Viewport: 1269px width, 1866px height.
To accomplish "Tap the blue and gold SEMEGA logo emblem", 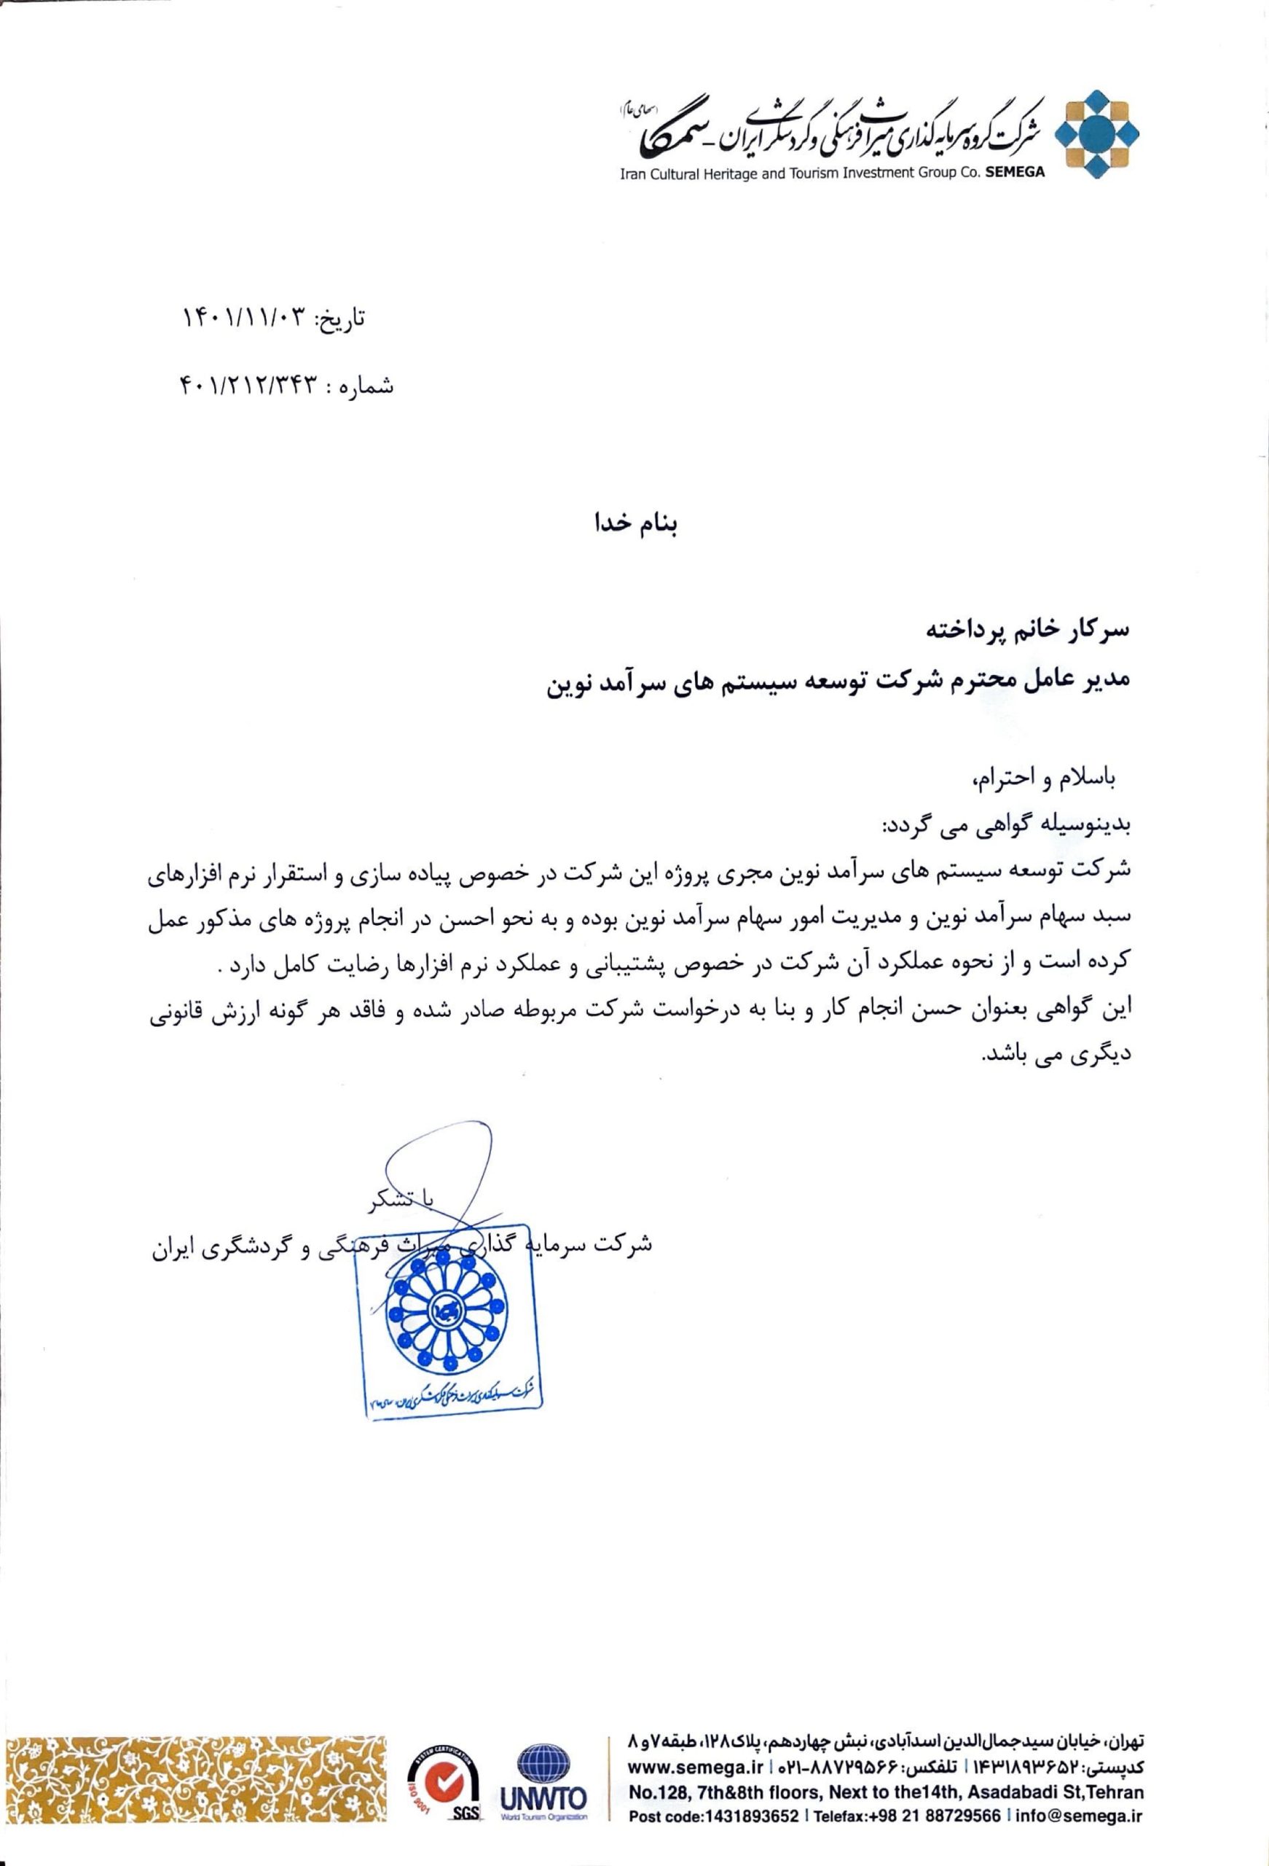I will (1096, 136).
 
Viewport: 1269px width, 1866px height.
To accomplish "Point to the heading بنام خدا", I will (635, 527).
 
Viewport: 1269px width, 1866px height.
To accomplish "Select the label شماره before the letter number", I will (366, 388).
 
